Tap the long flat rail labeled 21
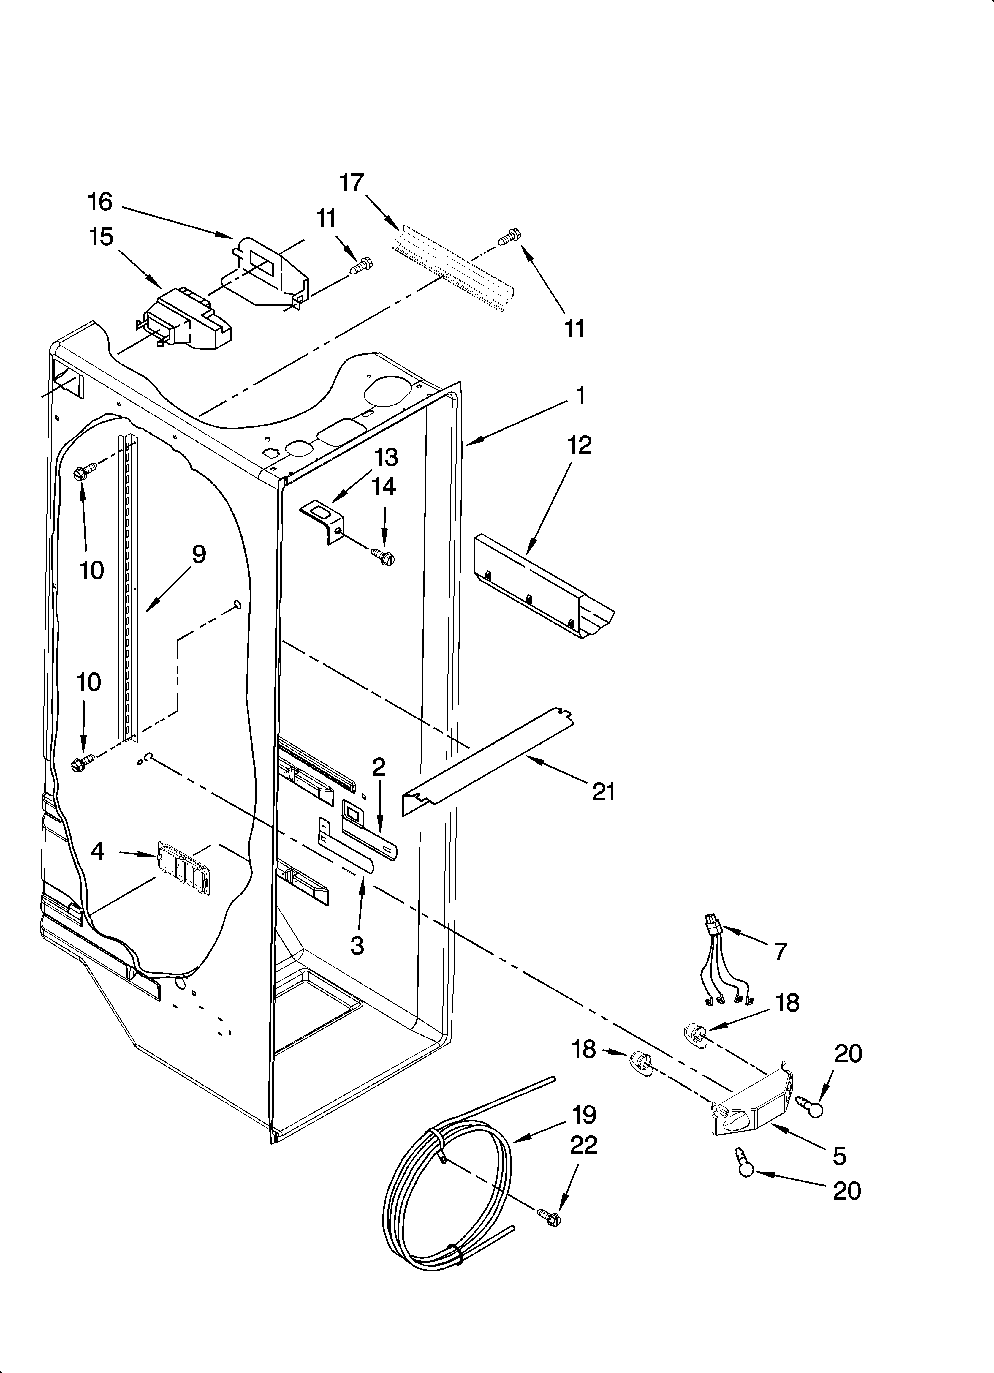[489, 759]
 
